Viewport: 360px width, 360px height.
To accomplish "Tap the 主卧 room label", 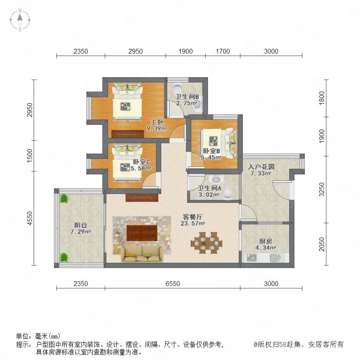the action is pyautogui.click(x=157, y=122).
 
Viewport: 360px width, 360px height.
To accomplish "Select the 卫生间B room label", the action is pyautogui.click(x=187, y=97).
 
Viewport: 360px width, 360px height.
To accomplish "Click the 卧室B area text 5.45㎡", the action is pyautogui.click(x=211, y=158).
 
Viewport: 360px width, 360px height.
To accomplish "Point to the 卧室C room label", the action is pyautogui.click(x=142, y=162).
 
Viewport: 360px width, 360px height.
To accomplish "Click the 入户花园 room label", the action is pyautogui.click(x=261, y=167).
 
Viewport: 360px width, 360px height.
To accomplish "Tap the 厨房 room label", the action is pyautogui.click(x=266, y=241).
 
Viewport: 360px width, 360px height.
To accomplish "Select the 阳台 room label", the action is pyautogui.click(x=80, y=225).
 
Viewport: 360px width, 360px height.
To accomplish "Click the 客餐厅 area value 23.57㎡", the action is pyautogui.click(x=193, y=223).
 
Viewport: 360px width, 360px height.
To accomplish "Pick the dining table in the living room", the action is pyautogui.click(x=206, y=243).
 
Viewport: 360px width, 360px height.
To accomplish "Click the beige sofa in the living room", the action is pyautogui.click(x=142, y=254).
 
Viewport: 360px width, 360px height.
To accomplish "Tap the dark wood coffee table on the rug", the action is pyautogui.click(x=142, y=233).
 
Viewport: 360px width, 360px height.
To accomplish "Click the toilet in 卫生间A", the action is pyautogui.click(x=228, y=194).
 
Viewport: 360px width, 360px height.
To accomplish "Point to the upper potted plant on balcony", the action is pyautogui.click(x=64, y=198).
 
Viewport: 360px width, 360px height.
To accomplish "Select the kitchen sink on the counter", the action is pyautogui.click(x=275, y=258).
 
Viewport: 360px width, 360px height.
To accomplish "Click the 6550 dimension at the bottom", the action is pyautogui.click(x=173, y=284).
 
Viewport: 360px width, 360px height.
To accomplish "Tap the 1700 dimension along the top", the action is pyautogui.click(x=223, y=51).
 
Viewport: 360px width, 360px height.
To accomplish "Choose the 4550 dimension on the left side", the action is pyautogui.click(x=30, y=218).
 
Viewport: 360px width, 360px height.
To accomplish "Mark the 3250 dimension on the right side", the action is pyautogui.click(x=322, y=190).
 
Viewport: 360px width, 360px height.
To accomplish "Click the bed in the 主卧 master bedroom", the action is pyautogui.click(x=127, y=102).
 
